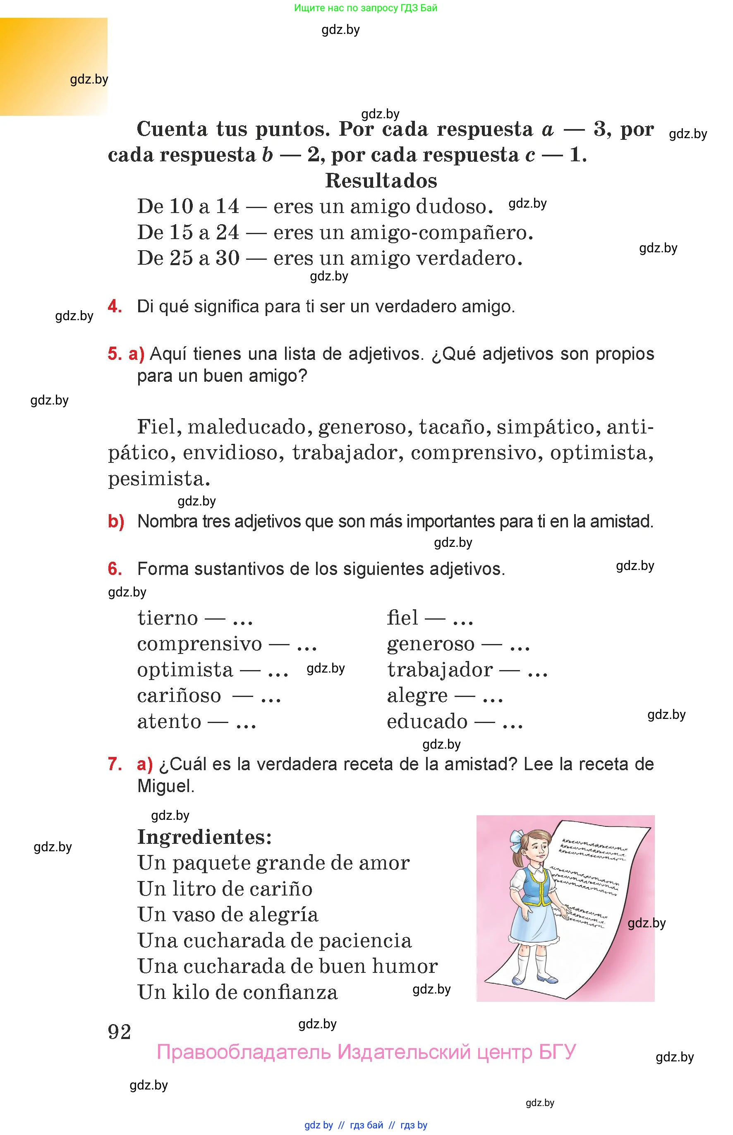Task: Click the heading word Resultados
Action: (381, 181)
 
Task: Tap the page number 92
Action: (119, 1032)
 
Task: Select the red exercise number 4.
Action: (114, 306)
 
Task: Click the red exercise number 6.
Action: (114, 569)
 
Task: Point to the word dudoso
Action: (454, 206)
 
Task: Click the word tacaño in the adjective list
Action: (454, 427)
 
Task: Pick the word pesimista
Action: (158, 479)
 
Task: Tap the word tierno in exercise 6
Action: (168, 618)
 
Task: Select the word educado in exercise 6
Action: (427, 721)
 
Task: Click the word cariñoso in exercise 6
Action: (179, 696)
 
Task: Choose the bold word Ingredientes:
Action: (204, 837)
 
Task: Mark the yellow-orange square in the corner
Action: (53, 67)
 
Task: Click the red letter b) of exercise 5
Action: (116, 522)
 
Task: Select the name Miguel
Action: (165, 786)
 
